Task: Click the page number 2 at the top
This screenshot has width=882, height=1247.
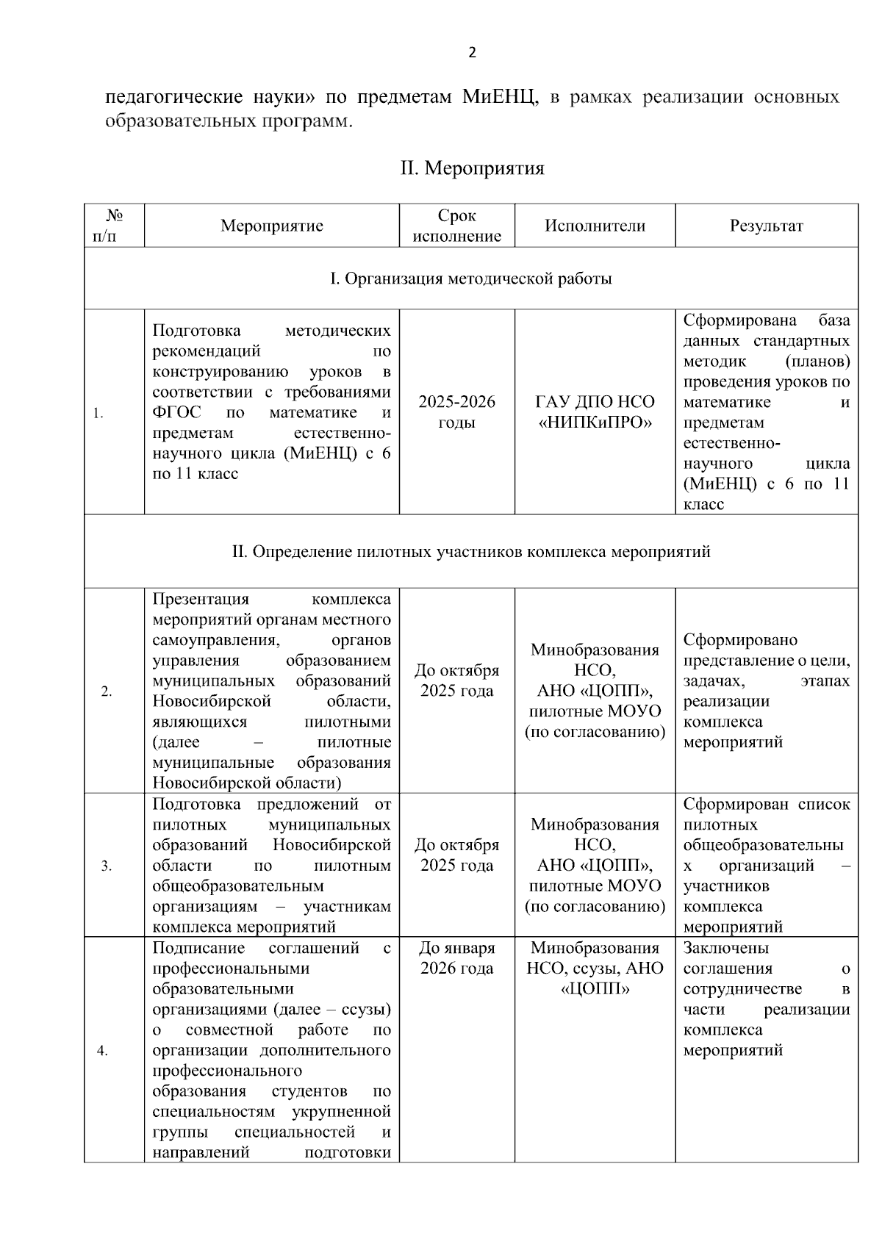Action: pos(472,52)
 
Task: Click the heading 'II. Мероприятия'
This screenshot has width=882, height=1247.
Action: pos(472,168)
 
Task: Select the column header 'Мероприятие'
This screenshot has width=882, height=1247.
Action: pos(271,226)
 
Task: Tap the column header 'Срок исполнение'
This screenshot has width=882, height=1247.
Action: pos(456,226)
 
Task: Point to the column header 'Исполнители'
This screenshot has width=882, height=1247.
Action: pos(595,226)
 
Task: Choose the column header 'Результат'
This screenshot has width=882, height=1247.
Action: pos(766,226)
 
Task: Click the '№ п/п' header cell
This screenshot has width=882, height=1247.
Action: pos(114,226)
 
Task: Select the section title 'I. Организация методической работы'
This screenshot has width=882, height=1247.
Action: pos(471,278)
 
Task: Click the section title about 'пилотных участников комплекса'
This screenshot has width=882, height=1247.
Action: pos(471,551)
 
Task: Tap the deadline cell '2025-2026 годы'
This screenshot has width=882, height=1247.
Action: pos(456,412)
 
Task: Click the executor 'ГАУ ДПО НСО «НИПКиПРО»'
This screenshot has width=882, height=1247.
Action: pos(595,412)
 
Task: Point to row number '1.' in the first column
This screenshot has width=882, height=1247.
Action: pos(98,414)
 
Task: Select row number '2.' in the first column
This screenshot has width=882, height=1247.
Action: pos(107,691)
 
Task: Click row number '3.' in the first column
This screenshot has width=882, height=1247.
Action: pos(107,866)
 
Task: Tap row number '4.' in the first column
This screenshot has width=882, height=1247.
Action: pos(102,1051)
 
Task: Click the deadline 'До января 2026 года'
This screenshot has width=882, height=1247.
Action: pos(456,958)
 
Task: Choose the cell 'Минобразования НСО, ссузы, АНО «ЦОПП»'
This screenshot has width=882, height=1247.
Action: pos(595,968)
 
